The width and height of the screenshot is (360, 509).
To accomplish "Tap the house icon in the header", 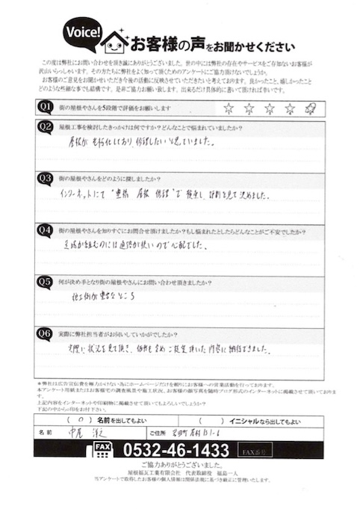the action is click(114, 40).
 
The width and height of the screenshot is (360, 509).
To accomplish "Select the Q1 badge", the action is click(46, 107).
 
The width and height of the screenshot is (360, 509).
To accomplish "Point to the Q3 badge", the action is click(46, 179).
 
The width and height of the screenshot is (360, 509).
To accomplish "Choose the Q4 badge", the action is click(46, 230).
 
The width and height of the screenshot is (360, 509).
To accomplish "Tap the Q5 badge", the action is click(46, 282).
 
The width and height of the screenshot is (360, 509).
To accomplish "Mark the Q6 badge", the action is click(46, 333).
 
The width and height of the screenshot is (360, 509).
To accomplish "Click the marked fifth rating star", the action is click(311, 109).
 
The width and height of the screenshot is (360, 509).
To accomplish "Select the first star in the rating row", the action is click(229, 109).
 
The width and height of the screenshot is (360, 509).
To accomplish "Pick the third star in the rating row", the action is click(270, 109).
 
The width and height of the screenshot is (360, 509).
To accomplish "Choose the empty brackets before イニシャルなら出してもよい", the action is click(215, 419).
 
